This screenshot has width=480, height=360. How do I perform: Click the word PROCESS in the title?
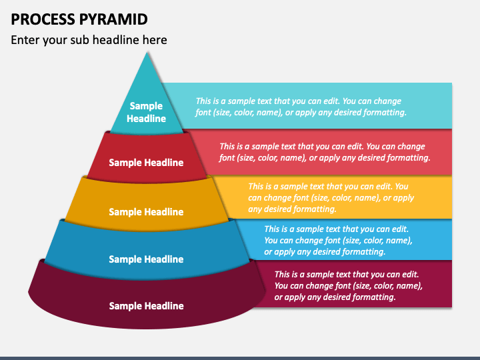43,19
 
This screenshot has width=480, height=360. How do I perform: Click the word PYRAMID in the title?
113,19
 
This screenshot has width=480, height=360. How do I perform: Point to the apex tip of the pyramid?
147,53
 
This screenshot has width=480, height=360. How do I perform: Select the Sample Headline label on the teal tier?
146,112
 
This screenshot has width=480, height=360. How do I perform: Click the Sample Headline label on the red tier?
146,163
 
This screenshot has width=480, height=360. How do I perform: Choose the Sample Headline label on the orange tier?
146,212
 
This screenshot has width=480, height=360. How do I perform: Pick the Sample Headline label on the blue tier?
146,259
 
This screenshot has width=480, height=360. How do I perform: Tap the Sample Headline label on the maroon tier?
146,306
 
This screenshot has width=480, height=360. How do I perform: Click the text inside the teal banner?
301,107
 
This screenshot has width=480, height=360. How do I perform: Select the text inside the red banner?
325,152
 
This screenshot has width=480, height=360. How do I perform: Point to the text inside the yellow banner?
331,198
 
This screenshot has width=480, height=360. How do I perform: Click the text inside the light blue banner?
338,240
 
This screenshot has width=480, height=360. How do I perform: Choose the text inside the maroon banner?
349,285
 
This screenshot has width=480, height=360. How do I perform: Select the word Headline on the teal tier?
146,119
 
